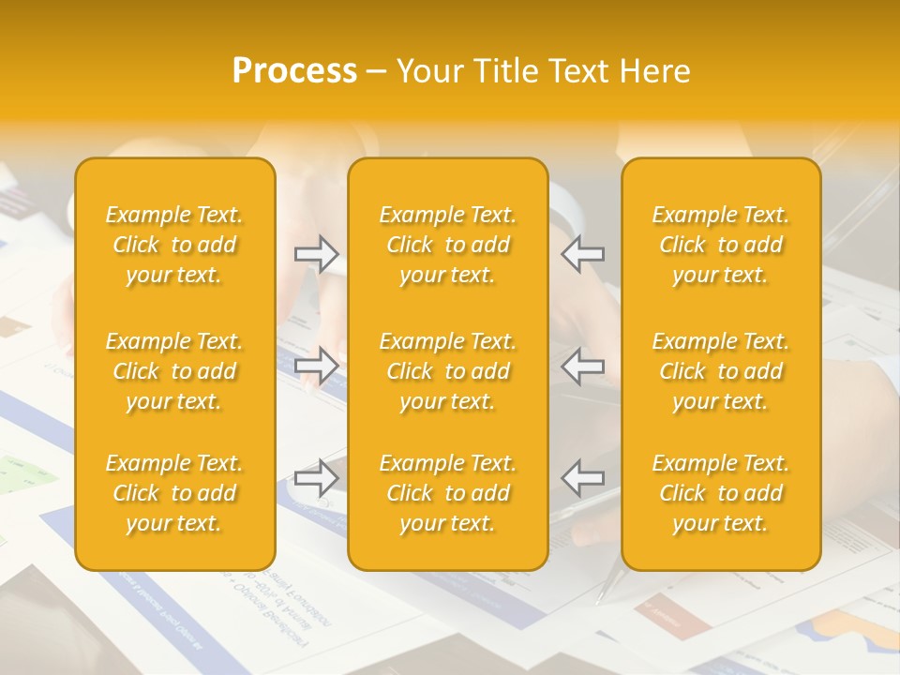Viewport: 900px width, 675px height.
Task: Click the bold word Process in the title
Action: coord(294,71)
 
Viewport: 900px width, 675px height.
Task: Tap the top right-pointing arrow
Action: coord(317,254)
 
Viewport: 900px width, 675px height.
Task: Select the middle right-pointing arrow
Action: coord(317,366)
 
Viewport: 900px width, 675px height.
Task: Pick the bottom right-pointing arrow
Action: coord(317,478)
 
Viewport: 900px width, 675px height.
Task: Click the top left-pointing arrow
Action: coord(583,254)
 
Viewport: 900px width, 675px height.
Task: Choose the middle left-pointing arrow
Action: coord(583,366)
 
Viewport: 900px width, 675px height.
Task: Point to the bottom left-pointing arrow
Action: coord(583,478)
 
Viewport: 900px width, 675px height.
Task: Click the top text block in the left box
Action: coord(174,245)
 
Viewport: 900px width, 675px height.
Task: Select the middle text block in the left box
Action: coord(174,371)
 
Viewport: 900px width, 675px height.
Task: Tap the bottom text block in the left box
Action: coord(174,493)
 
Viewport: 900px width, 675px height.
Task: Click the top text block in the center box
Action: coord(448,245)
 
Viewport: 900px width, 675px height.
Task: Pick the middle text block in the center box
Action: coord(448,371)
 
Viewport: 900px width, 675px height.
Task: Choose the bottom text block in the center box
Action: coord(448,493)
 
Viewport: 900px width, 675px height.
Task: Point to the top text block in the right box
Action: coord(721,245)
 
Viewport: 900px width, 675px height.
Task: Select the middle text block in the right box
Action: coord(721,371)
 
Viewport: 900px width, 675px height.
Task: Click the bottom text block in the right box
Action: coord(721,493)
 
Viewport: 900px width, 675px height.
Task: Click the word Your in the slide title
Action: coord(429,71)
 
